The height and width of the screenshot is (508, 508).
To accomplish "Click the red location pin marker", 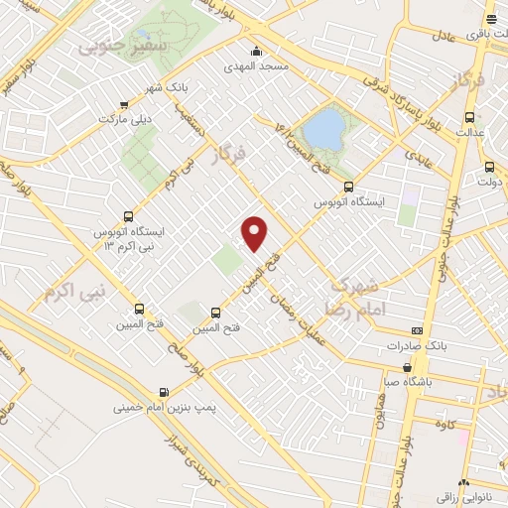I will pyautogui.click(x=256, y=233).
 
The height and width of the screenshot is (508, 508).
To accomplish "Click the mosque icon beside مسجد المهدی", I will pyautogui.click(x=257, y=52).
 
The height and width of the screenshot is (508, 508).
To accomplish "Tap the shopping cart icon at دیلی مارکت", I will pyautogui.click(x=123, y=104).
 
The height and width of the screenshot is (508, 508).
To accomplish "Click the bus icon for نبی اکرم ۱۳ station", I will pyautogui.click(x=128, y=216).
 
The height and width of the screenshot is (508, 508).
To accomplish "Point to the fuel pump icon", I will pyautogui.click(x=163, y=391).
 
